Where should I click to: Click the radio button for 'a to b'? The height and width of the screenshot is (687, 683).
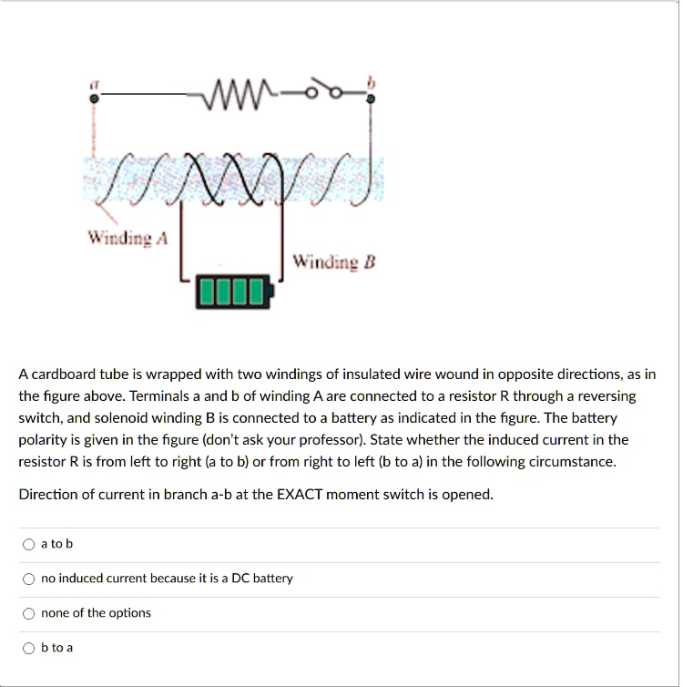coord(30,544)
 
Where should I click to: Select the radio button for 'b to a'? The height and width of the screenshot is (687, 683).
coord(30,648)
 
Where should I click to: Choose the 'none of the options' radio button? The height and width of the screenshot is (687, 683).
coord(30,613)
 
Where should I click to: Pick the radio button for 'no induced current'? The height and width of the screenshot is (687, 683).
coord(30,579)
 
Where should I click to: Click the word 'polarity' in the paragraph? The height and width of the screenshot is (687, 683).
coord(41,440)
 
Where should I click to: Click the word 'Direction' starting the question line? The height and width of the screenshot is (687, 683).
coord(46,495)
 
